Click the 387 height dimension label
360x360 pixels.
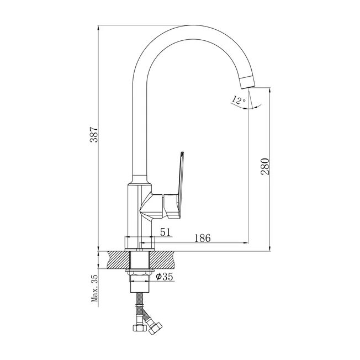(x=94, y=134)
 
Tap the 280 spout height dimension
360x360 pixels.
(x=264, y=166)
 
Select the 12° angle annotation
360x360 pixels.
(x=239, y=99)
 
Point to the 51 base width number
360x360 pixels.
(x=166, y=232)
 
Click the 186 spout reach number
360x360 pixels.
(x=203, y=238)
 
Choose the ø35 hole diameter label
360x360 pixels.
(x=165, y=277)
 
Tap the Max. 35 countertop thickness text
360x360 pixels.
(x=94, y=288)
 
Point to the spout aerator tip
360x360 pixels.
(x=247, y=82)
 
